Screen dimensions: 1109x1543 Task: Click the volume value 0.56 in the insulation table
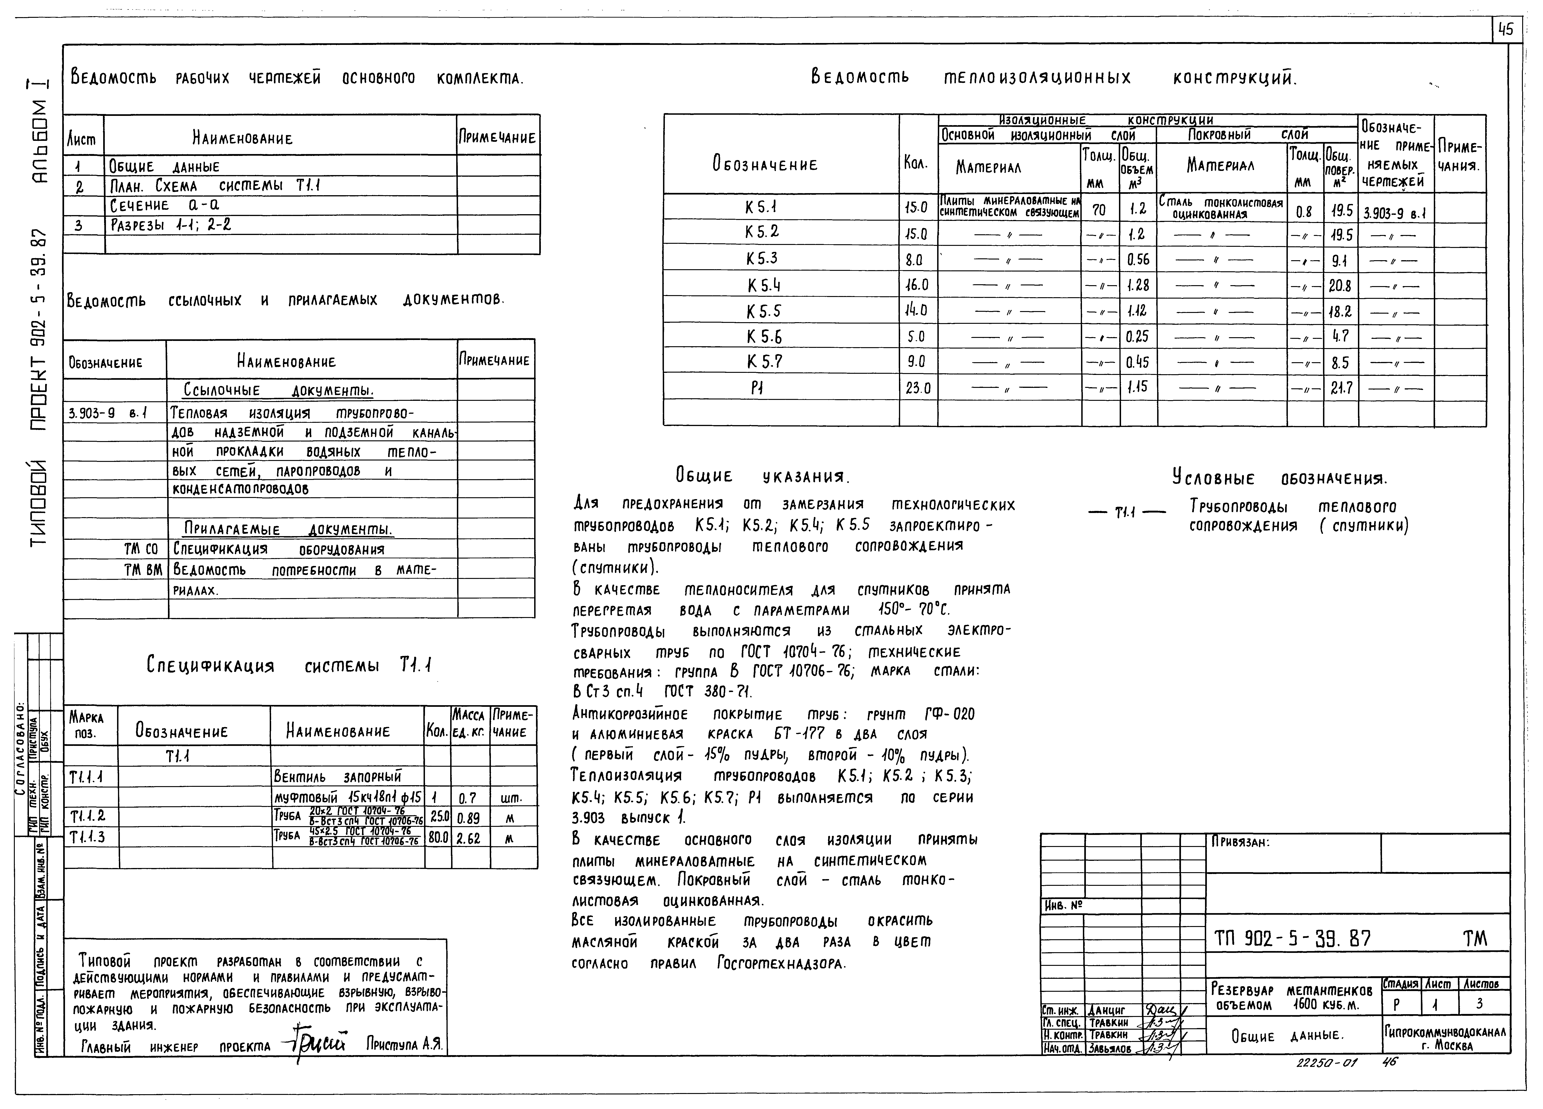pos(1137,259)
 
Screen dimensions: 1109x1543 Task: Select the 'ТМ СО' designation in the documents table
pos(141,549)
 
